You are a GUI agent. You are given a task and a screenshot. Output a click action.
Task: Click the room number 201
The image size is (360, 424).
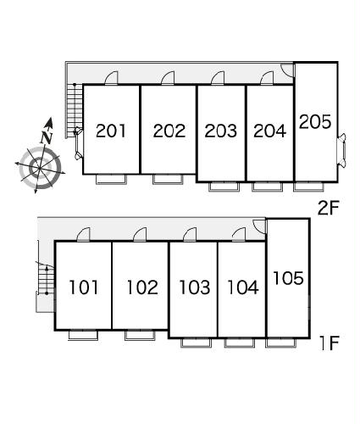(111, 131)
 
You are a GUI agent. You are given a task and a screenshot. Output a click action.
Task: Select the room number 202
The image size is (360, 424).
(169, 131)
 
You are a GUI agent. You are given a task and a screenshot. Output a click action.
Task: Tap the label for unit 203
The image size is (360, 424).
(221, 131)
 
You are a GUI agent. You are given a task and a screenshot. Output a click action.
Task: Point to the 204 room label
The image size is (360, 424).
(269, 131)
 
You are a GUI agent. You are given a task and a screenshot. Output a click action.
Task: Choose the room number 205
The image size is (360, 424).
(315, 122)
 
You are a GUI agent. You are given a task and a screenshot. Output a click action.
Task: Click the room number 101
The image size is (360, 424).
(84, 287)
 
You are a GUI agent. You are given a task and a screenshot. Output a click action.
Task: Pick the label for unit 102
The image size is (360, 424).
(142, 287)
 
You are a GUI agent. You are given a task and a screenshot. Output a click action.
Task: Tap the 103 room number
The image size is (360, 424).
(195, 287)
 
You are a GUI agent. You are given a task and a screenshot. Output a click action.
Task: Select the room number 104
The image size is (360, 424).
(243, 287)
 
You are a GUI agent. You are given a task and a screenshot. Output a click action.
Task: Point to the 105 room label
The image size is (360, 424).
(288, 278)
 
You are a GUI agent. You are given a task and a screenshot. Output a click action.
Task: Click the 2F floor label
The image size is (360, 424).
(328, 209)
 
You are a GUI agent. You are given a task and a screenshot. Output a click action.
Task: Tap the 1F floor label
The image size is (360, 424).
(330, 343)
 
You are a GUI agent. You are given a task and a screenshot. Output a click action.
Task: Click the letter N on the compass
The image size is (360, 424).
(47, 137)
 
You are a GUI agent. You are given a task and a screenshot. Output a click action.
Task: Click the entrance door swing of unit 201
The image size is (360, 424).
(111, 78)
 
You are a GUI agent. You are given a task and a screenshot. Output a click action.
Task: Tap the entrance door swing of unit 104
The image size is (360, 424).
(239, 234)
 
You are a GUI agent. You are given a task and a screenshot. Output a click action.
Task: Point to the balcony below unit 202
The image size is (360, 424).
(168, 179)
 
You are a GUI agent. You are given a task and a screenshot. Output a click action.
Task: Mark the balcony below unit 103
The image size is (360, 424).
(196, 343)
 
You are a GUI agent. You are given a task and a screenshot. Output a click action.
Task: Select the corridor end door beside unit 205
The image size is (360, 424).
(288, 70)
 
